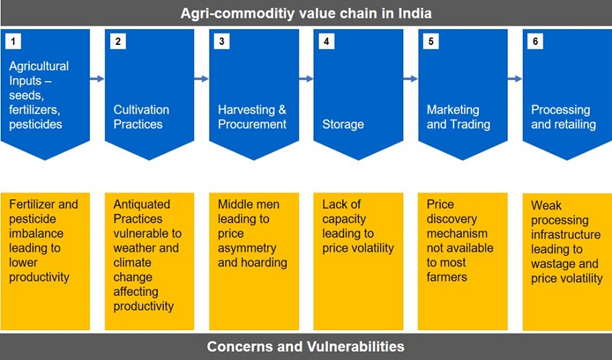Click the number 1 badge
pos(13,42)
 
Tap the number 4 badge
pos(326,42)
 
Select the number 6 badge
pos(535,42)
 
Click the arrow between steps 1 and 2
pos(97,79)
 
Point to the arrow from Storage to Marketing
pos(410,79)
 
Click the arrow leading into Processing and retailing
pos(515,79)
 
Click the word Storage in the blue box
pos(343,125)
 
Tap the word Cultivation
pos(141,110)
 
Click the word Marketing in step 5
pos(453,110)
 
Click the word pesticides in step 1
pos(35,125)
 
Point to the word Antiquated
pos(141,205)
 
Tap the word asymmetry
pos(247,248)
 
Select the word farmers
pos(447,277)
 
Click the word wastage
pos(549,264)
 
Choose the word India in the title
pos(415,14)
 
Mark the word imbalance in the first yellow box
pos(36,233)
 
